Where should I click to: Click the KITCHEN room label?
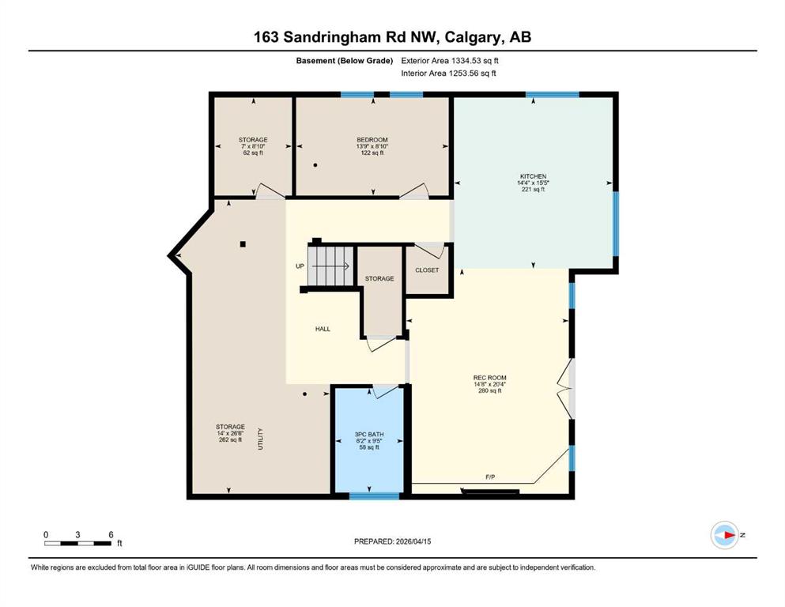click(533, 176)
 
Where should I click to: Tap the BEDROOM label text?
click(372, 140)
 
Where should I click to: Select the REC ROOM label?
click(489, 378)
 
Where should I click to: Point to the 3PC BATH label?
click(369, 435)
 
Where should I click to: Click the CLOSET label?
click(427, 270)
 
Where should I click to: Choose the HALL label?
click(323, 329)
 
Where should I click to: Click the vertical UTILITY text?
click(260, 439)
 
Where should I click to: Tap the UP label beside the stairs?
click(300, 266)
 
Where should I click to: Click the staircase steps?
click(330, 266)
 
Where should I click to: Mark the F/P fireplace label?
click(490, 477)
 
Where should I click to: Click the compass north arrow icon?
click(725, 535)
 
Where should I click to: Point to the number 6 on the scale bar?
click(111, 534)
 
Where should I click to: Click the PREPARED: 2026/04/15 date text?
click(392, 541)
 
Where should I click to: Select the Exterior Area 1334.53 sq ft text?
click(450, 61)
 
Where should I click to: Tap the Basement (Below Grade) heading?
click(345, 61)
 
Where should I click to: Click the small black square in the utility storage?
click(243, 244)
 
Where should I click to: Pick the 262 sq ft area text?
click(230, 440)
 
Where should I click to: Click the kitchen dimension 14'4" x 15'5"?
click(533, 183)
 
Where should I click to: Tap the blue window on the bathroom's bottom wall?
click(374, 496)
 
